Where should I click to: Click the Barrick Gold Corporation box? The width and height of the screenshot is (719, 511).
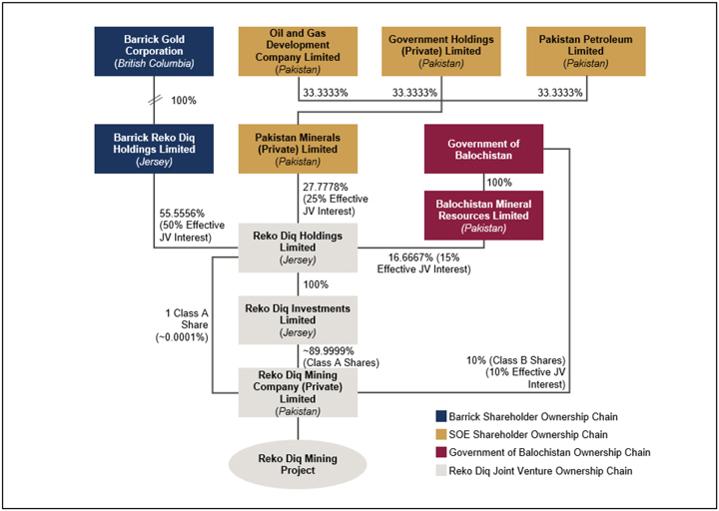pos(153,51)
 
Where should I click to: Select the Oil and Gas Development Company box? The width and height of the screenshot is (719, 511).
pos(298,51)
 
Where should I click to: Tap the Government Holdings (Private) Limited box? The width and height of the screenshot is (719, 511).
pos(441,51)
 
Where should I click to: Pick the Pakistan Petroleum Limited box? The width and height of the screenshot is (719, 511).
pos(585,51)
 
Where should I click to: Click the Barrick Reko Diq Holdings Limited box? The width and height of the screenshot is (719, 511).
pos(153,149)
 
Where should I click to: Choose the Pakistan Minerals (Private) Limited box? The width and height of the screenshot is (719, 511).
pos(298,149)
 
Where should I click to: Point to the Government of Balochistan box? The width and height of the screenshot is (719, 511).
pos(484,149)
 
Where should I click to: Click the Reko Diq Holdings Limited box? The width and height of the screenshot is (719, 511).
pos(298,248)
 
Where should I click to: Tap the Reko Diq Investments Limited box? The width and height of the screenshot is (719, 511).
pos(298,320)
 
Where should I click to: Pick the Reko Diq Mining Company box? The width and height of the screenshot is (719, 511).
pos(298,391)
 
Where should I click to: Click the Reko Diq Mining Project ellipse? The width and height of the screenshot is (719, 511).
pos(298,465)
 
